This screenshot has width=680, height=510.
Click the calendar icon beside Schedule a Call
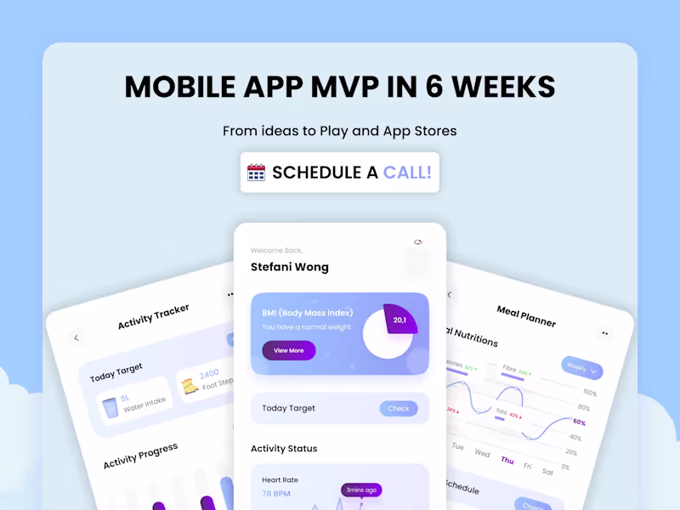[257, 173]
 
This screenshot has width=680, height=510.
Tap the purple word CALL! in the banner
[407, 173]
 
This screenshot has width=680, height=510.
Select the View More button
[288, 350]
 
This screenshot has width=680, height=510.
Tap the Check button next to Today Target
[398, 408]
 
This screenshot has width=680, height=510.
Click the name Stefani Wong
[289, 267]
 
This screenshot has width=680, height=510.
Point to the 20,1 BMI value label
[399, 320]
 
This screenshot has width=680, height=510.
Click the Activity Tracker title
[153, 315]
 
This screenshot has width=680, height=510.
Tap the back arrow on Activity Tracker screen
[76, 337]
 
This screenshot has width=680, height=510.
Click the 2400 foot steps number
[209, 374]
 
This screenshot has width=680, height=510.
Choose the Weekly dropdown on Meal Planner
[582, 369]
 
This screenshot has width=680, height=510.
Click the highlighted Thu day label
[507, 460]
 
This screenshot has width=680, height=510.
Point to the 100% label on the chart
[589, 393]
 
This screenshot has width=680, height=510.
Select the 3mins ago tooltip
[361, 490]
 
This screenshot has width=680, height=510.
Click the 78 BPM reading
[277, 493]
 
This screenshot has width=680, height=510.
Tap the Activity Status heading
[284, 448]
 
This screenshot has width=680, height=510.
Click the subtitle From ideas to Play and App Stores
[339, 131]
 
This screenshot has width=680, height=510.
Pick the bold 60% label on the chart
[579, 422]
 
